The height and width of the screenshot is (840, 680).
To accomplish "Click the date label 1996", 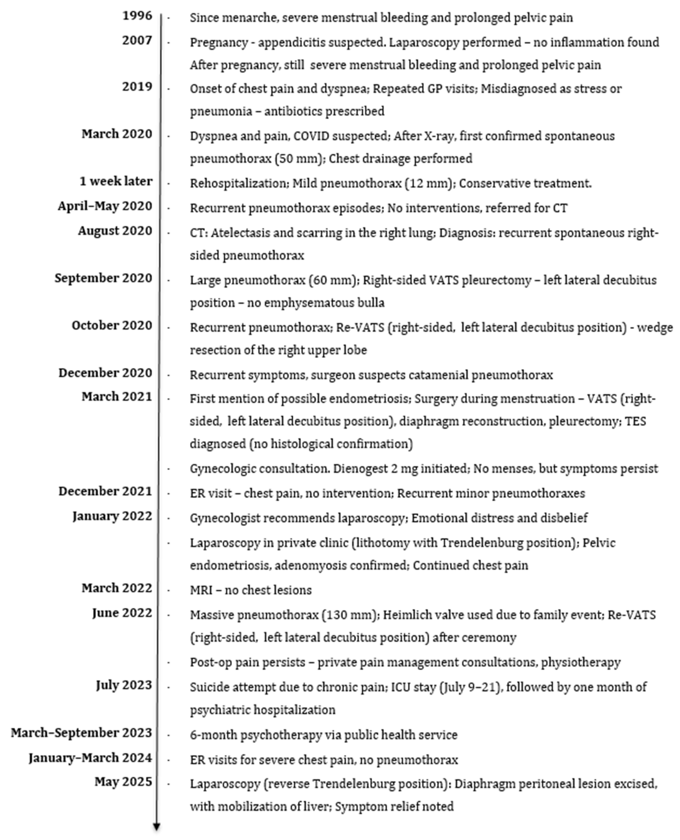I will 137,16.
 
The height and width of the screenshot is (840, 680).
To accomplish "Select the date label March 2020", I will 117,134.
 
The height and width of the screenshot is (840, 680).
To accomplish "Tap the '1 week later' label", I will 116,181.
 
